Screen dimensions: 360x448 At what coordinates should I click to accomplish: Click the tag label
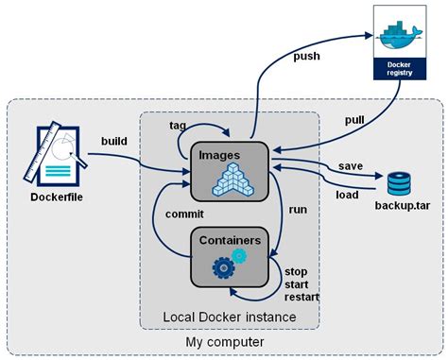click(x=177, y=125)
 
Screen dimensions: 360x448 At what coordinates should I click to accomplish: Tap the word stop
click(x=296, y=272)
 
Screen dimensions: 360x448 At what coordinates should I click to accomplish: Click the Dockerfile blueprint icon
click(x=51, y=150)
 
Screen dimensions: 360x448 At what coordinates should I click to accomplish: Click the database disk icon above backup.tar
click(x=399, y=181)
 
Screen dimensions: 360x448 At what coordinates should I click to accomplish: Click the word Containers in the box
click(x=230, y=240)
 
